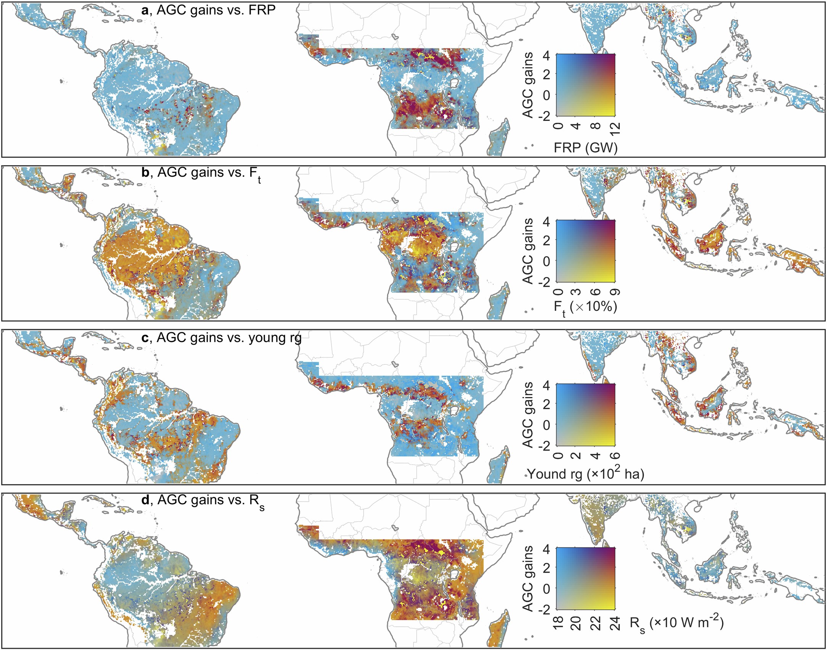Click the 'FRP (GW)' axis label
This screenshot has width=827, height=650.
586,148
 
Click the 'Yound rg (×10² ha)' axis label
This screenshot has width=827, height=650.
586,474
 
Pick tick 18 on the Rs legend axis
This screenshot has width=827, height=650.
557,623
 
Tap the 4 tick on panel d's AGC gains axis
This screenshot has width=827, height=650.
546,549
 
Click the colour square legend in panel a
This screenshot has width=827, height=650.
586,85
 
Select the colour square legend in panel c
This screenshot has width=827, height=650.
586,414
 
